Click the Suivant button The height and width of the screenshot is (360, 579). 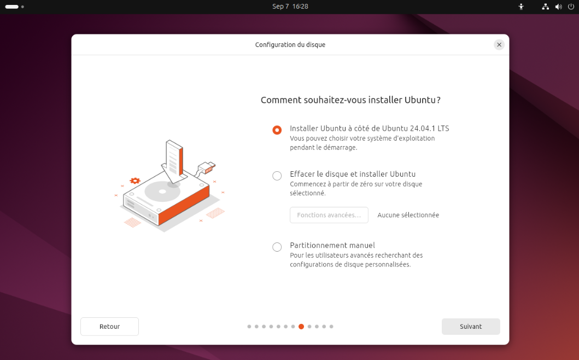tap(471, 327)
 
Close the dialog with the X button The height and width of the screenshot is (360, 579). tap(499, 45)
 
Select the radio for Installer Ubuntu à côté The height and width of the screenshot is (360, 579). tap(277, 130)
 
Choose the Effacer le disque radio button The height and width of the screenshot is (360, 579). tap(277, 176)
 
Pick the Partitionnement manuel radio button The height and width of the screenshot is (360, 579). tap(277, 247)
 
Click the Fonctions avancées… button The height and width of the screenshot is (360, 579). tap(329, 215)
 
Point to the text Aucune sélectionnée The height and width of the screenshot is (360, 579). tap(408, 215)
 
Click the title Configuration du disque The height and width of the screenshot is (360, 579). tap(290, 45)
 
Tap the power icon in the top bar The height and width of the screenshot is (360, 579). tap(571, 6)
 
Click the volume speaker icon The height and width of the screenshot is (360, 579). tap(558, 7)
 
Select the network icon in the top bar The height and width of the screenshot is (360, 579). tap(546, 7)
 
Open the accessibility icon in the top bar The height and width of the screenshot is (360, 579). tap(521, 7)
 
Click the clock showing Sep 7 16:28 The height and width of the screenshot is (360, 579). tap(290, 6)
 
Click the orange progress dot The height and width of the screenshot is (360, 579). tap(301, 327)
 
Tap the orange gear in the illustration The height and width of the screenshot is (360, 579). tap(135, 181)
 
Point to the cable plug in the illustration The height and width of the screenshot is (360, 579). tap(206, 167)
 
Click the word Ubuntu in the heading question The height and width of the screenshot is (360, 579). tap(420, 100)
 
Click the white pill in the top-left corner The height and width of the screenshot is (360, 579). tap(12, 7)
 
